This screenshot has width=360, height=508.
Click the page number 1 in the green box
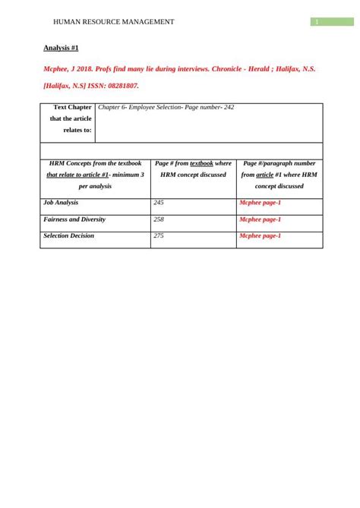click(317, 21)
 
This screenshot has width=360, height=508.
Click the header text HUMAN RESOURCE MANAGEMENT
click(109, 22)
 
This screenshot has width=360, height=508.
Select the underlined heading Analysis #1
click(62, 48)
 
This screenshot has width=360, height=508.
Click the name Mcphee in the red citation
click(58, 68)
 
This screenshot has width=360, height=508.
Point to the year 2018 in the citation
click(90, 68)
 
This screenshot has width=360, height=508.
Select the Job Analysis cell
click(61, 203)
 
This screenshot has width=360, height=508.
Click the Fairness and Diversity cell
click(74, 219)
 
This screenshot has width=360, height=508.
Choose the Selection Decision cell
click(69, 235)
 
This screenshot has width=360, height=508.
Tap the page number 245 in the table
click(159, 203)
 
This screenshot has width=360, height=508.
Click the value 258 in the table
click(159, 219)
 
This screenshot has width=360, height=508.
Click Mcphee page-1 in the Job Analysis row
click(260, 204)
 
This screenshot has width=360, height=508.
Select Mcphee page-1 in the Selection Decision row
click(260, 236)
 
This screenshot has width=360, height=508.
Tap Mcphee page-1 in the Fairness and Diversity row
click(260, 219)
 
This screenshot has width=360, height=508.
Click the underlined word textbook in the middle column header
click(201, 163)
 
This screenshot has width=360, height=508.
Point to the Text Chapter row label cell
click(68, 118)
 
